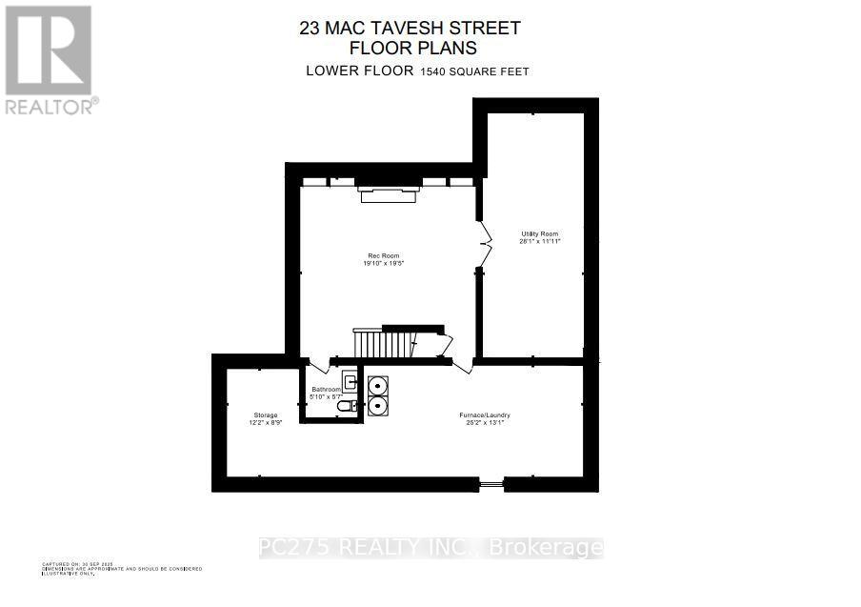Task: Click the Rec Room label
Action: pos(385,255)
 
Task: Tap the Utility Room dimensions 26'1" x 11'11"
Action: pos(539,242)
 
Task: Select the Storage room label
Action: pos(265,415)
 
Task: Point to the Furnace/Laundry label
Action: pos(484,415)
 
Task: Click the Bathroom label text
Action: pos(327,390)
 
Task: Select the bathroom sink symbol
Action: pos(350,383)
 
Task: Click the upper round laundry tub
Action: pos(377,386)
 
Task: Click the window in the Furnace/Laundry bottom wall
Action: pos(491,485)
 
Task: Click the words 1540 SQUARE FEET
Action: pos(474,71)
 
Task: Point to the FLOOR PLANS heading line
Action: pos(412,48)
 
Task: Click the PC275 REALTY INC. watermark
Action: pos(430,548)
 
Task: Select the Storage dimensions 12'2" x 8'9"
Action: pos(265,423)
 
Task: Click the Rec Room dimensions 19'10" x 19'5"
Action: pos(385,264)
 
